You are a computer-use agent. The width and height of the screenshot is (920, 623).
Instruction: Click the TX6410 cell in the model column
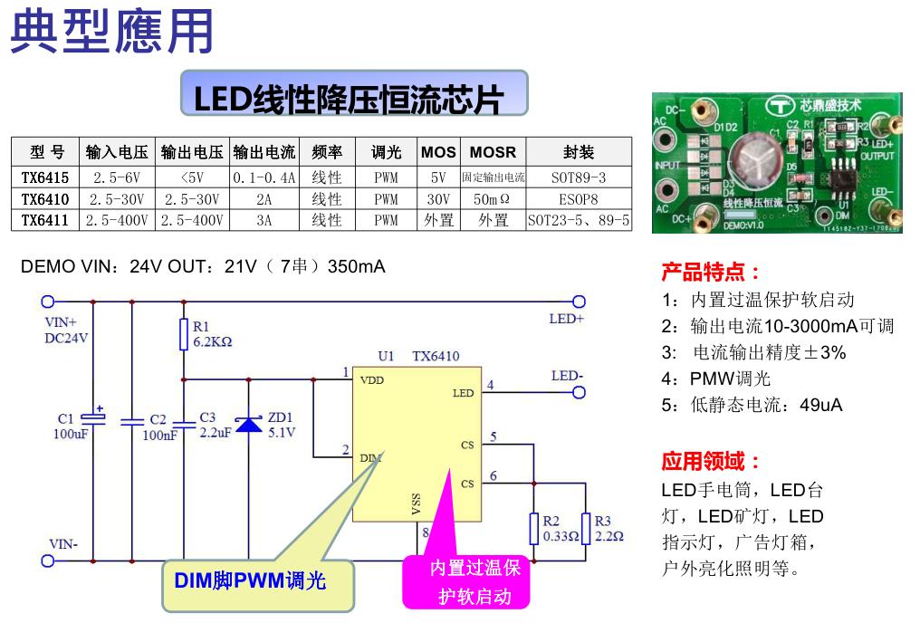click(45, 198)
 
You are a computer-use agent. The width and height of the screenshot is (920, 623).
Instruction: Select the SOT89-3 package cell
click(578, 177)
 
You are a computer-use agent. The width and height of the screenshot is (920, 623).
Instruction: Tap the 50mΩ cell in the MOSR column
click(493, 198)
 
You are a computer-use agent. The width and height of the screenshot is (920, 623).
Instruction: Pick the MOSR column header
click(493, 151)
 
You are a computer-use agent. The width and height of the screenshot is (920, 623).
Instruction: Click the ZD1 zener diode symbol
click(249, 424)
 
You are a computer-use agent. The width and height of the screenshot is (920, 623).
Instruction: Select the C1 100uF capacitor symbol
click(93, 417)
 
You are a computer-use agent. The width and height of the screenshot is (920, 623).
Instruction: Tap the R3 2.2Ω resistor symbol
click(586, 528)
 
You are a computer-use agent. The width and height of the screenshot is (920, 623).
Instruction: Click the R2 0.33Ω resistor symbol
click(534, 528)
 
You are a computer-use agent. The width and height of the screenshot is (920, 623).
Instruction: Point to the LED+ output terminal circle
click(579, 302)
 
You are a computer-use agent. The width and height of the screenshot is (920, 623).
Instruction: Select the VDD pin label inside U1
click(371, 380)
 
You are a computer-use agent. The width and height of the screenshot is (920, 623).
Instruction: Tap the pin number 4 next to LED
click(491, 385)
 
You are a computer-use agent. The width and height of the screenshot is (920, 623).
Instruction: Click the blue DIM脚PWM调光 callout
click(249, 580)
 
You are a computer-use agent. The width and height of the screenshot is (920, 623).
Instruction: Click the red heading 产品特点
click(711, 272)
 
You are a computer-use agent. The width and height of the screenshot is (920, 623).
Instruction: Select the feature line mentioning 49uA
click(752, 405)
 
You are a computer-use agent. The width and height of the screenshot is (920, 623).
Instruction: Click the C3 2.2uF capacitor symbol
click(184, 422)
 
